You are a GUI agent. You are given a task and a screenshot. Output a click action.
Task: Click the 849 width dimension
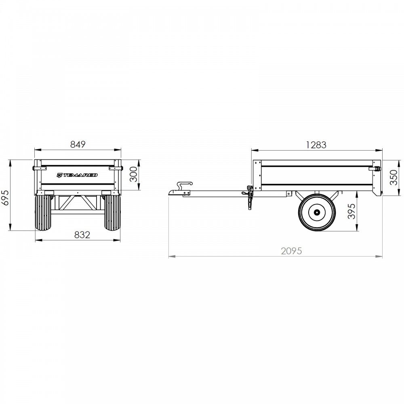pyautogui.click(x=78, y=144)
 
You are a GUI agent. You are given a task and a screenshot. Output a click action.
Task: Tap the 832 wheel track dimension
pyautogui.click(x=82, y=235)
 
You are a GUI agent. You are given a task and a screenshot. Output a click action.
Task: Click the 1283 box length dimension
pyautogui.click(x=316, y=145)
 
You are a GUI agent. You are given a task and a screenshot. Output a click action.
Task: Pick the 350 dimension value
pyautogui.click(x=393, y=177)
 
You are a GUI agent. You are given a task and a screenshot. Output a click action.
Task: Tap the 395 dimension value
pyautogui.click(x=351, y=211)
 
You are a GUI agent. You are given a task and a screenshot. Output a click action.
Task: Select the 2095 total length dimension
pyautogui.click(x=291, y=251)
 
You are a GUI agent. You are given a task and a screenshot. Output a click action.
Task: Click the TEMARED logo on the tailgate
pyautogui.click(x=77, y=175)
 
